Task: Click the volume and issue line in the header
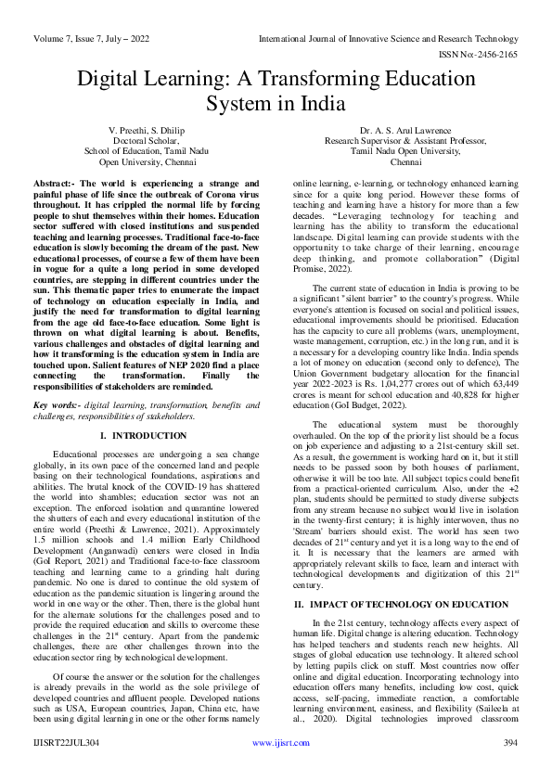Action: pos(91,12)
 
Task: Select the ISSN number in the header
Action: pos(481,29)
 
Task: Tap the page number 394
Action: pos(509,768)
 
